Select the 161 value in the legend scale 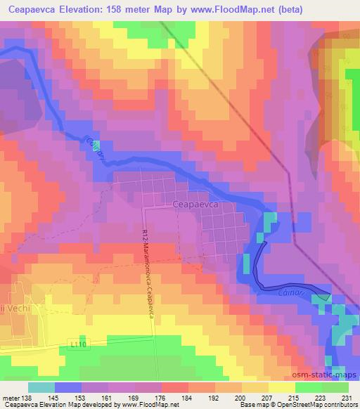[x=107, y=398]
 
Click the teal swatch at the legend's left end [x=41, y=387]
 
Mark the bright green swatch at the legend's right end [x=335, y=387]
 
